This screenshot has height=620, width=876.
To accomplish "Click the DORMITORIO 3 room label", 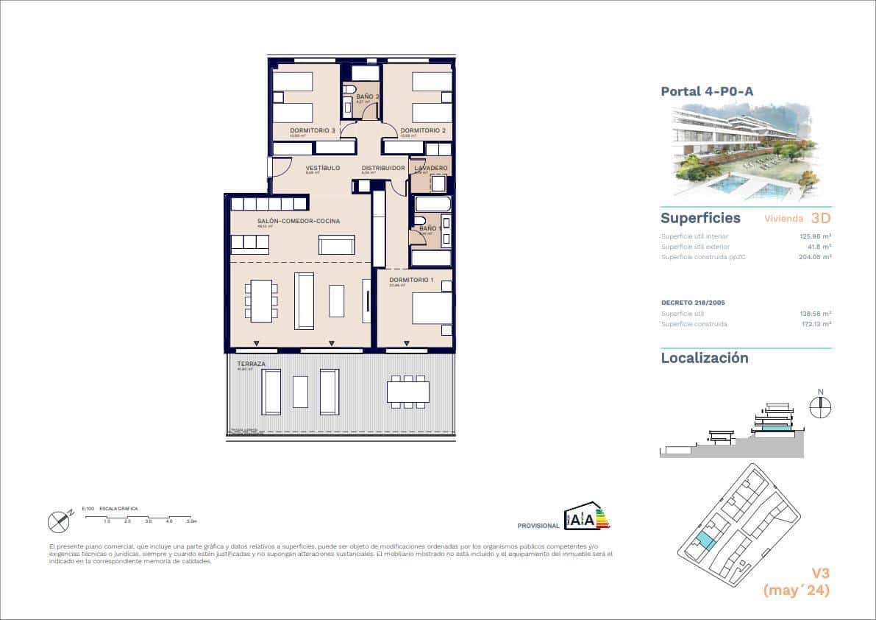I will click(x=312, y=130).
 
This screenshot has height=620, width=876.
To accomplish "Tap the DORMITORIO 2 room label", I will click(x=423, y=130).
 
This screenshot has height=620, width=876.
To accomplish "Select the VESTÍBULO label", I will click(x=322, y=168).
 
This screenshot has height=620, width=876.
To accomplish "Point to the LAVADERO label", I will click(x=430, y=168).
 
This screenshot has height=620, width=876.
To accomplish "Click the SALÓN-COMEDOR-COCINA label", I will click(x=298, y=221).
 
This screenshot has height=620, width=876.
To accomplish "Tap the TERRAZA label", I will click(x=251, y=364).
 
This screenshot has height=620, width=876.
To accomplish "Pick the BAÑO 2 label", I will click(x=367, y=96).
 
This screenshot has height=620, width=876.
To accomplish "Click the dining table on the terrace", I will click(x=407, y=390).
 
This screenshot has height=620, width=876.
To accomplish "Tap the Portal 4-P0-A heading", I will click(x=707, y=92).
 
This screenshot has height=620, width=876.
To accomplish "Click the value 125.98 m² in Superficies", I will click(x=815, y=236).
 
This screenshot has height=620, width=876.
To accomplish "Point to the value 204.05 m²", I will click(x=815, y=257).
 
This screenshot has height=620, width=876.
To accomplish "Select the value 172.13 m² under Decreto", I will click(x=815, y=323).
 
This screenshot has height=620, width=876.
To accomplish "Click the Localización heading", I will click(x=704, y=359).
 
